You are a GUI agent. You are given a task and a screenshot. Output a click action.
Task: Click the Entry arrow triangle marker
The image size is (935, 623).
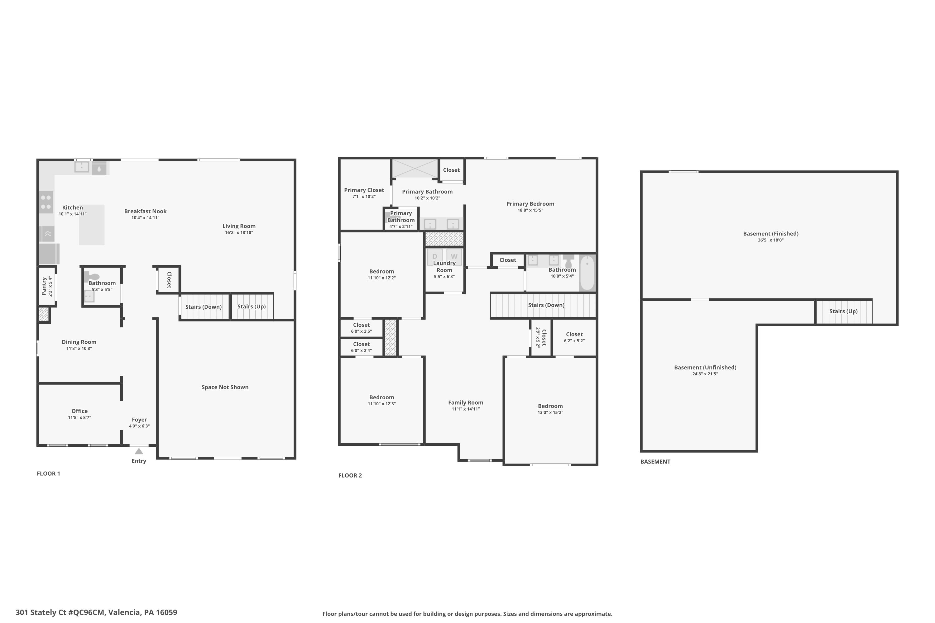coord(139,451)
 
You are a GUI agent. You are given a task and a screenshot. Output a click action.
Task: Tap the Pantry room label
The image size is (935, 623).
coord(44,286)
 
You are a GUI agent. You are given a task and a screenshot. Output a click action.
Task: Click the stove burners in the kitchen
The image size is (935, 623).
coord(46,202)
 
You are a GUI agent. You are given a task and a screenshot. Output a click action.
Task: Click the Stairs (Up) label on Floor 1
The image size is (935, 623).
coord(251,306)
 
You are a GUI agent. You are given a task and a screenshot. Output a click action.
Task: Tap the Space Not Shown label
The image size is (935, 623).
coord(225,387)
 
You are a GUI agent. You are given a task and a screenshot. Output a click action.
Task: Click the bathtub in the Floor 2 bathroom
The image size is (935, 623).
coord(587,273)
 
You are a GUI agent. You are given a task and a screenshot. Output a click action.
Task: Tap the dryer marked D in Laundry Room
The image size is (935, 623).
coord(434,256)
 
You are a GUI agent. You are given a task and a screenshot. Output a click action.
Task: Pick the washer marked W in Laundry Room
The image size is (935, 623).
coord(454,256)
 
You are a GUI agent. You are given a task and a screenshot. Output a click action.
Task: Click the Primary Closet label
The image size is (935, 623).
coord(364,190)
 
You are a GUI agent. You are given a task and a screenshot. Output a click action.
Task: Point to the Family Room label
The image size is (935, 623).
coord(466,402)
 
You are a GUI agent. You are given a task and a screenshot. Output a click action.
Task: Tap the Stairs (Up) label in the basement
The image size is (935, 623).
coord(843,311)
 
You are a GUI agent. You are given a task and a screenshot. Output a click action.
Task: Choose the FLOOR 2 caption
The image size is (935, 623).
coord(350,476)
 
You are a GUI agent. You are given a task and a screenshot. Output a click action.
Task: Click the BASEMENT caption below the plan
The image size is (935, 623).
coord(655,462)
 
